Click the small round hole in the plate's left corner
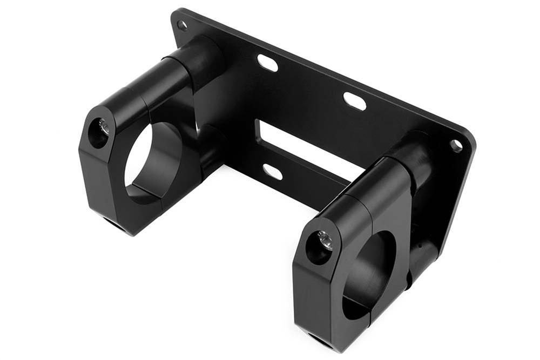tap(183, 25)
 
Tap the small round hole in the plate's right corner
tap(456, 145)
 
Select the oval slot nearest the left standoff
tap(267, 63)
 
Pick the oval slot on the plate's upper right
tap(355, 101)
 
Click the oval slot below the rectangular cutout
tap(273, 172)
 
